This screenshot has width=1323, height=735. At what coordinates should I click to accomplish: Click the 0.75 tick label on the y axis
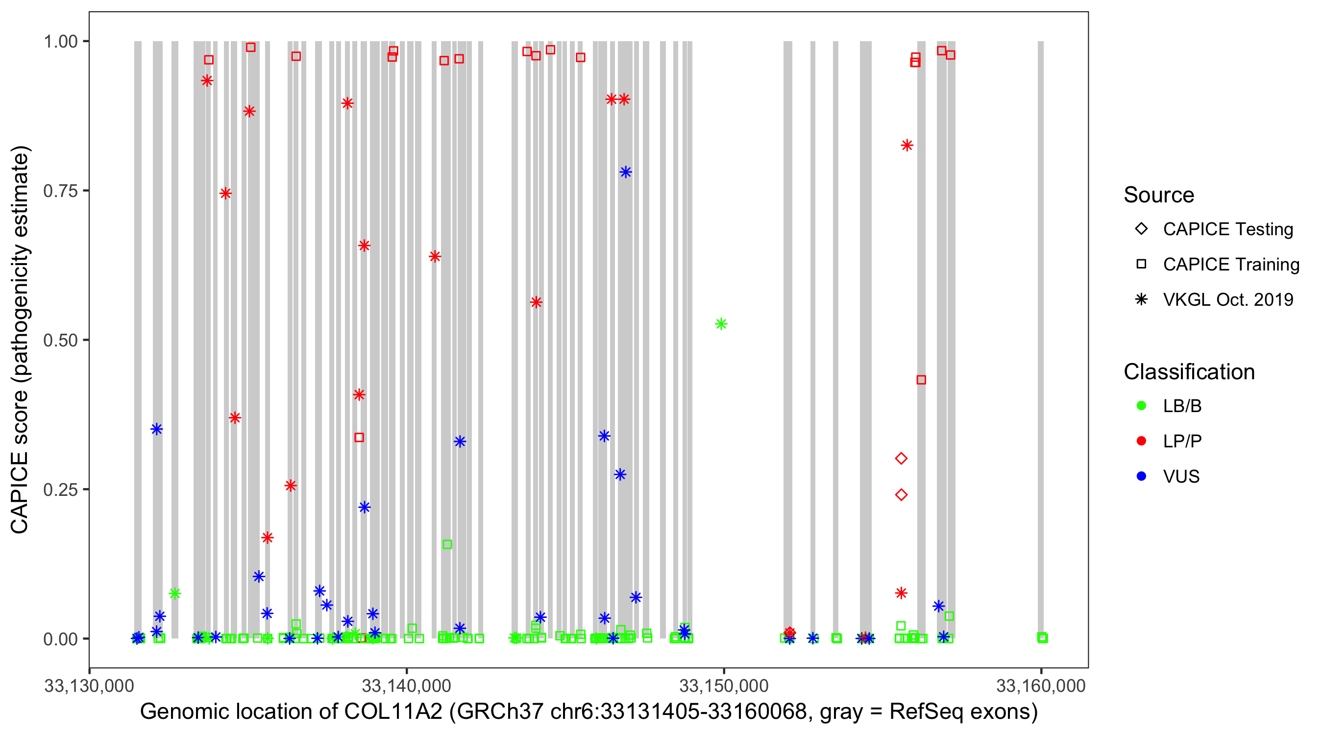pos(61,191)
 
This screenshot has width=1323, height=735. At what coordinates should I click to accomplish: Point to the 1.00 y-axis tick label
pos(61,41)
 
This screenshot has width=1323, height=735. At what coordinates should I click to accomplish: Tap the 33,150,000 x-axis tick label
pos(724,686)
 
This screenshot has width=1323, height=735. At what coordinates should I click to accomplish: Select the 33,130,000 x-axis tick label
pos(89,686)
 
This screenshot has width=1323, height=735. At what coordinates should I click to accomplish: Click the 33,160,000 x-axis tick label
pos(1041,686)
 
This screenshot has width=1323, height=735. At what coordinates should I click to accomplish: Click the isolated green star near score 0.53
pos(721,324)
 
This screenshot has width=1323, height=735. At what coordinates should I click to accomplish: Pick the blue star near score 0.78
pos(625,172)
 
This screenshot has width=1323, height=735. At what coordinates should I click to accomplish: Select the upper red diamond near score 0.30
pos(901,458)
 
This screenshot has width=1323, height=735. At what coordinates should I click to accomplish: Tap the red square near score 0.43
pos(921,380)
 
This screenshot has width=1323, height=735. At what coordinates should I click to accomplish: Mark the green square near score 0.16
pos(447,544)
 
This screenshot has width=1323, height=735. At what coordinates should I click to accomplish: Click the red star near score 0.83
pos(907,146)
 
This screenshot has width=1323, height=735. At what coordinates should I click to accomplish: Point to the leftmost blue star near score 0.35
pos(157,429)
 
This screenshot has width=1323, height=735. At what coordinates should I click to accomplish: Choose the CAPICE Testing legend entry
pos(1227,229)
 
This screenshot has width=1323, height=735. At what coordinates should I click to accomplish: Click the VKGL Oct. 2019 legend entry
pos(1227,299)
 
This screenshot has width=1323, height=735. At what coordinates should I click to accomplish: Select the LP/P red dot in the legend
pos(1141,441)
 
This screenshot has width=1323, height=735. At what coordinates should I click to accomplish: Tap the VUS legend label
pos(1181,477)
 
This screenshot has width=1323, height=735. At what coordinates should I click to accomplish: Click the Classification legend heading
pos(1189,372)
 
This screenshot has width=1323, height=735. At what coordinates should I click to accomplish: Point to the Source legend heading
pos(1159,195)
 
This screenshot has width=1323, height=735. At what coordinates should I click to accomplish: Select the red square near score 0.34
pos(359,438)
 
